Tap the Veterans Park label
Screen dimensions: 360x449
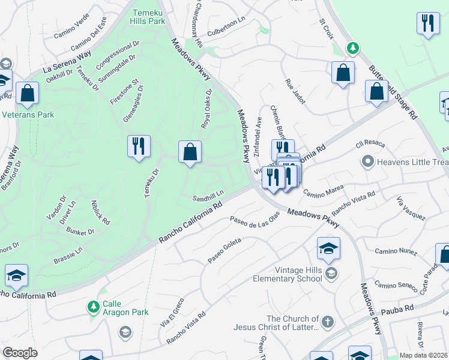coord(28,115)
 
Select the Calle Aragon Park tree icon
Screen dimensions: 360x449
coord(93,307)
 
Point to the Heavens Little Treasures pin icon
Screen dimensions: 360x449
coord(367,161)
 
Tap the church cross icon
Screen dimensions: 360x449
coord(327,322)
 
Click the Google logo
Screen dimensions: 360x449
coord(20,353)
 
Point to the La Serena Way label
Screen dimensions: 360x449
coord(67,61)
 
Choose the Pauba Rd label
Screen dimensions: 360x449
coord(400,308)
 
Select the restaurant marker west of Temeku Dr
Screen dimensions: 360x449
coord(139,146)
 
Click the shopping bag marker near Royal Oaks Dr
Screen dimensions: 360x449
coord(190,152)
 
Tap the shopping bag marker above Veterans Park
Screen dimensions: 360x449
coord(27,93)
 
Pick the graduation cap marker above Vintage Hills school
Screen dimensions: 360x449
coord(328,248)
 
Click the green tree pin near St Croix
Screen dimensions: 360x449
coord(354,47)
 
